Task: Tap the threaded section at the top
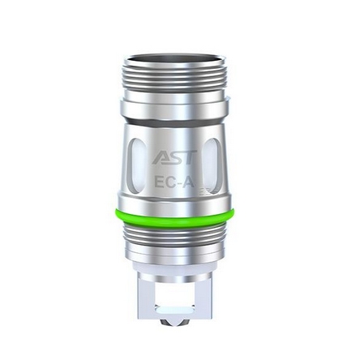(x=180, y=69)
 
